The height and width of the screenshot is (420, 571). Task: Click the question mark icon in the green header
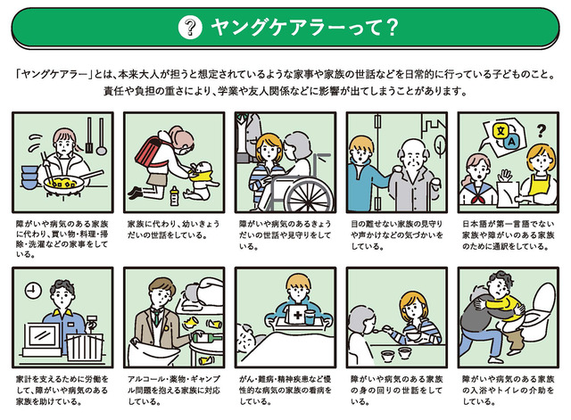(186, 27)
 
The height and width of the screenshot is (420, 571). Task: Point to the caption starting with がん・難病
(283, 390)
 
